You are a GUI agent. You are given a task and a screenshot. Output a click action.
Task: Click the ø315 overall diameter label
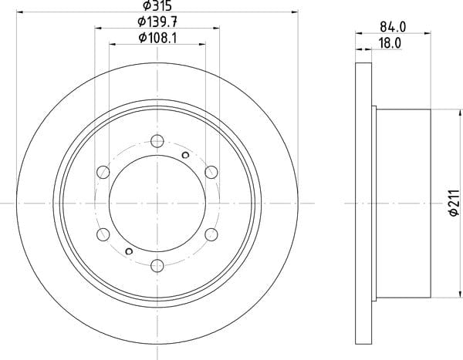157,5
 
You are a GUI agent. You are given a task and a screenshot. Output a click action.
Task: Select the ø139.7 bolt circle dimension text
157,22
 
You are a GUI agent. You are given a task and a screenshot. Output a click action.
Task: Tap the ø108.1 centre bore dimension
157,38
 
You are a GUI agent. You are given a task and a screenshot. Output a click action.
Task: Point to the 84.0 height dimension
393,28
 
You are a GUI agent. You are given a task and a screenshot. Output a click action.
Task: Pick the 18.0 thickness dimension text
390,43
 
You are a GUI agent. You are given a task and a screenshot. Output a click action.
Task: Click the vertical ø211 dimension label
455,203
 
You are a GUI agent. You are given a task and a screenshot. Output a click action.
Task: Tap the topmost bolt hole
157,141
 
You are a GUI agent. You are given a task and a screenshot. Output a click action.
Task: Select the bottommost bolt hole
157,266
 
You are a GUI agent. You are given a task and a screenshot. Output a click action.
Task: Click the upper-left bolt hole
103,172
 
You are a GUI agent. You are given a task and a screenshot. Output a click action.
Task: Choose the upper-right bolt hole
211,172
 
